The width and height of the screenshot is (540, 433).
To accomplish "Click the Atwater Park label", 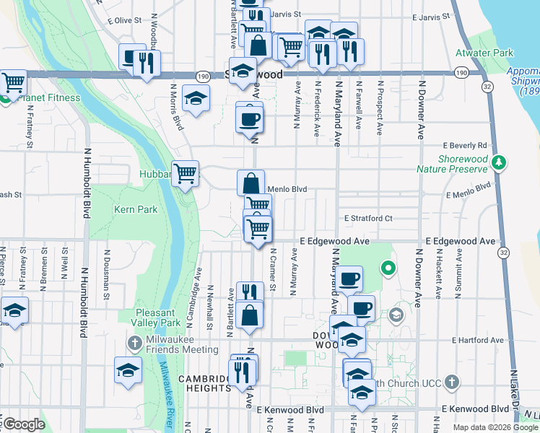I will [x=484, y=53].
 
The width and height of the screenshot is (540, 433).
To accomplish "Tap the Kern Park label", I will [x=135, y=210].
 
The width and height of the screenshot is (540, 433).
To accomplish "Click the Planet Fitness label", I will [x=32, y=99].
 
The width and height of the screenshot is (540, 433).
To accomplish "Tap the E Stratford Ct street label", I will [x=367, y=218].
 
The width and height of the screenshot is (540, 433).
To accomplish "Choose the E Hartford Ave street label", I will [x=477, y=340].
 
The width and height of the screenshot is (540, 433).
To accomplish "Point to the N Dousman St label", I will [x=106, y=274].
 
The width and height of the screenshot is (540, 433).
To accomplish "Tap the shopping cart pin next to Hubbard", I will [x=186, y=172].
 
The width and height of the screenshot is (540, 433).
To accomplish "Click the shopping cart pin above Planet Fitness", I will [x=14, y=83].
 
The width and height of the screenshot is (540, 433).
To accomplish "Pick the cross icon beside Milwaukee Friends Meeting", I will [x=135, y=341].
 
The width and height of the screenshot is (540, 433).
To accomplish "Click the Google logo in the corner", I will [x=23, y=424].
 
